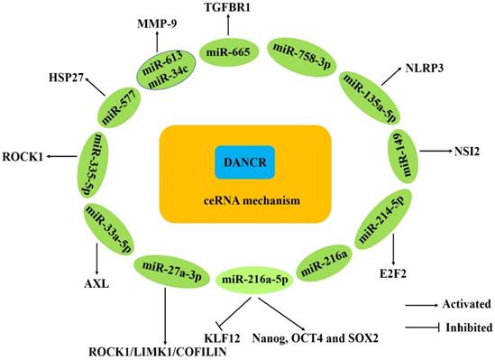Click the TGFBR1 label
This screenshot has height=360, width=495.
click(x=227, y=7)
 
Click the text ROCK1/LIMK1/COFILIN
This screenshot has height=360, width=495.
click(x=157, y=351)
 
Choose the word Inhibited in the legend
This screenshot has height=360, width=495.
click(x=466, y=326)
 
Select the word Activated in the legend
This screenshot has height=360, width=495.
click(x=466, y=306)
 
